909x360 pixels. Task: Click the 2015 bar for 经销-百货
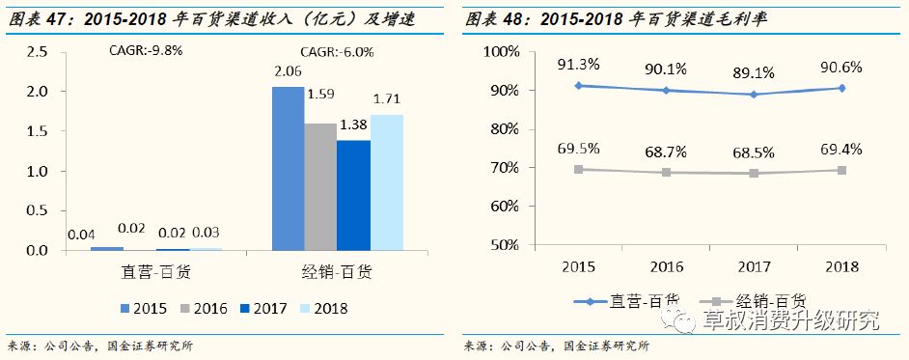pos(289,169)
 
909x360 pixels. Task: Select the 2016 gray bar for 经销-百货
pos(320,187)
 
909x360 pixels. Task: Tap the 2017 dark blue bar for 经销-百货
pos(353,196)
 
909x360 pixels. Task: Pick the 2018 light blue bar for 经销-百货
pos(386,182)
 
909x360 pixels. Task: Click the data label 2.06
pos(289,71)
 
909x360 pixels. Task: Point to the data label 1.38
pos(354,125)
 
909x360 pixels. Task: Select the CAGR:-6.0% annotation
pos(337,52)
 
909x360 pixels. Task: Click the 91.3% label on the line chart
pos(578,65)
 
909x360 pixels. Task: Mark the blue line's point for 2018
pos(841,88)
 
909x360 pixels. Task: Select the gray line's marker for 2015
pos(578,169)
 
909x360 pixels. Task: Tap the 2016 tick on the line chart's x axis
pos(666,266)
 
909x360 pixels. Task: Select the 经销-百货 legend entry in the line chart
pos(758,301)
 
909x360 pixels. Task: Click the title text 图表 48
pos(492,18)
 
